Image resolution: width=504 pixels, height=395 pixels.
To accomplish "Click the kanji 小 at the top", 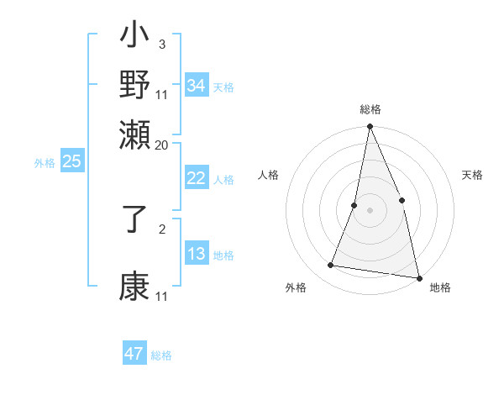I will point(134,39).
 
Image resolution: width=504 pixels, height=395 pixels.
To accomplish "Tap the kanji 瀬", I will point(134,134).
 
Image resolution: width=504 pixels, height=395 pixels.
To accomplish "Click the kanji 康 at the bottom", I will point(134,287).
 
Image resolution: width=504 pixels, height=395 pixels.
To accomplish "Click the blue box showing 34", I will point(197,86).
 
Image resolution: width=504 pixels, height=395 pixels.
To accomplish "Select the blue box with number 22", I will point(197,178).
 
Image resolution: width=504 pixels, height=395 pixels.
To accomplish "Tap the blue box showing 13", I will point(197,254).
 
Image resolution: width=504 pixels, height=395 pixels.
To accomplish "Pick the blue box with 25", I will point(72,162).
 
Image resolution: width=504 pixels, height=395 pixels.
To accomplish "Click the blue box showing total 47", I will point(134,354).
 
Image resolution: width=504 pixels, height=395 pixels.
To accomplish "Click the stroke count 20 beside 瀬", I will point(162,145).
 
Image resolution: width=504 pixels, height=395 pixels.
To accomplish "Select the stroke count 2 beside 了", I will point(161,228).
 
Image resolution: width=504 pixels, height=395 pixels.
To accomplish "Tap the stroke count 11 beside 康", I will point(162,297).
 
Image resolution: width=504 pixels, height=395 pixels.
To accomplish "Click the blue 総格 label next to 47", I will point(162,355).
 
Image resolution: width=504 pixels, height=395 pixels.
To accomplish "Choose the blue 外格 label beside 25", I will point(45,164).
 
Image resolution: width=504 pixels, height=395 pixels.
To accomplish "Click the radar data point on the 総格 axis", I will point(370,127).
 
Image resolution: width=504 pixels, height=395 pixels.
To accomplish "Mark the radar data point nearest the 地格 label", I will point(418,277).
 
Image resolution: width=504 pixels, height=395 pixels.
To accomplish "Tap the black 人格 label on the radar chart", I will point(269,176).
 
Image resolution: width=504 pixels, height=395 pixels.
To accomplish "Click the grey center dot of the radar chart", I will point(370,210).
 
